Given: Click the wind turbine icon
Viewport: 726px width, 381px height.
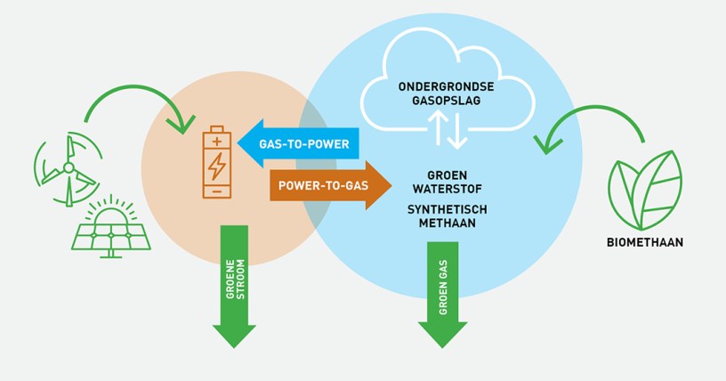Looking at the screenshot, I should (67, 168).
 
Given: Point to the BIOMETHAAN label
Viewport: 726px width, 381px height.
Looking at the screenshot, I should (646, 241).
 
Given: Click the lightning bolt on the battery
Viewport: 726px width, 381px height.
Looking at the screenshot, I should (217, 166).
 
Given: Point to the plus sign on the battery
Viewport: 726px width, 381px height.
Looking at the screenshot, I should (217, 140).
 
